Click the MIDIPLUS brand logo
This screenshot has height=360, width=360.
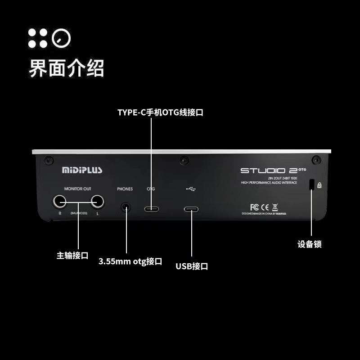tap(82, 170)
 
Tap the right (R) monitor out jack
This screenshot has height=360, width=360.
tap(59, 202)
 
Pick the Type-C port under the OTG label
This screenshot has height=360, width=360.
tap(151, 209)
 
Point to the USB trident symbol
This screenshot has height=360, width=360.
tap(190, 189)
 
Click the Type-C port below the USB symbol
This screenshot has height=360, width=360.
tap(191, 209)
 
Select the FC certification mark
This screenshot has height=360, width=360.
tap(254, 207)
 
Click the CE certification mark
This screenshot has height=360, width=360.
tap(265, 207)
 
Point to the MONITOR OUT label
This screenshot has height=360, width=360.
tap(77, 189)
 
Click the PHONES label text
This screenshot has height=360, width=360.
tap(125, 189)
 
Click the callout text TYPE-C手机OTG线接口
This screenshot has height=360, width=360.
tap(160, 112)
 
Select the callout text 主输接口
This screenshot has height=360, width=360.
tap(72, 256)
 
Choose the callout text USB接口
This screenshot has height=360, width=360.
tap(192, 266)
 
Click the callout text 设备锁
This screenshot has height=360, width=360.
tap(310, 244)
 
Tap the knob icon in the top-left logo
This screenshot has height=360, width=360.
tap(61, 38)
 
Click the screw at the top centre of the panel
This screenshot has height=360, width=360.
tap(183, 160)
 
